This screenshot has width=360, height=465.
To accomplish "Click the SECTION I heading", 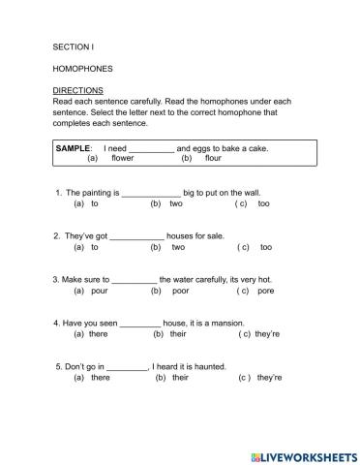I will (x=74, y=46).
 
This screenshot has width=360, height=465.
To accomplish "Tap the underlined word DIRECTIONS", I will (x=78, y=90).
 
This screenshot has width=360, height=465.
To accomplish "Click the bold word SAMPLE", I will (x=75, y=147).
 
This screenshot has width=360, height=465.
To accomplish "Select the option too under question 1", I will (x=264, y=204).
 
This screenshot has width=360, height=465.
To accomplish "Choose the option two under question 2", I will (x=178, y=247).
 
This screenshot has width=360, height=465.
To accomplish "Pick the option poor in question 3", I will (x=180, y=291).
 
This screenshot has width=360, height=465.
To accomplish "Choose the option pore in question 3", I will (x=267, y=291).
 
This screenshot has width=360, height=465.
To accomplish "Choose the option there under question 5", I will (x=100, y=378).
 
